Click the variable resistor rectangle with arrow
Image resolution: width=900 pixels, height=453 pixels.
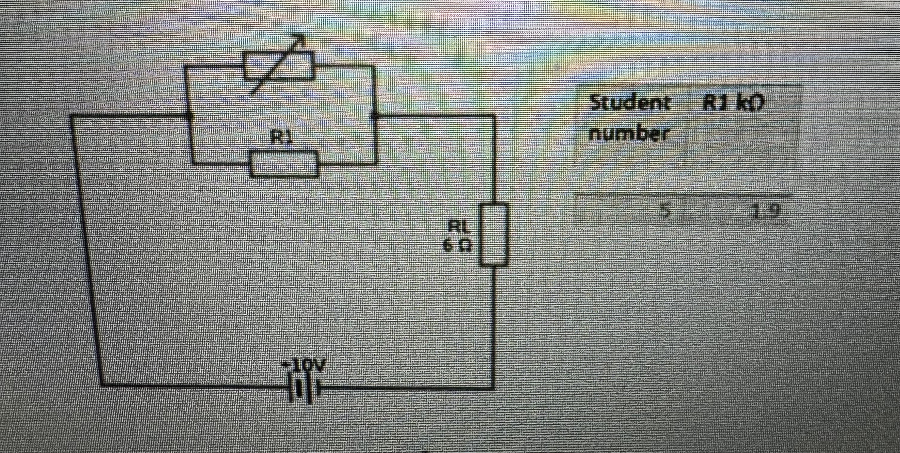coord(278,66)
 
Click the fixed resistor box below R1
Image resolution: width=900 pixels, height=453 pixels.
coord(284,164)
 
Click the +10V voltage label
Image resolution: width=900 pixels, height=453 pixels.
coord(303,366)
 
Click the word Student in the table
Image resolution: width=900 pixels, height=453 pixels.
coord(629,104)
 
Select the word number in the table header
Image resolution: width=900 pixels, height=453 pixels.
coord(629,134)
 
